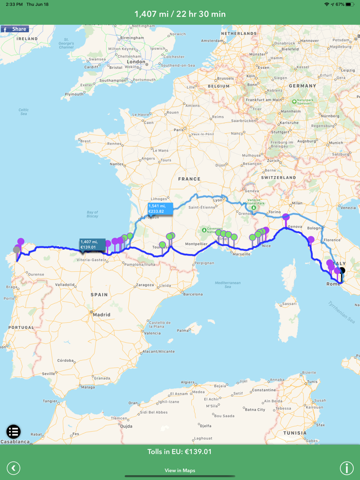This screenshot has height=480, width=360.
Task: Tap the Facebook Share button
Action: [14, 29]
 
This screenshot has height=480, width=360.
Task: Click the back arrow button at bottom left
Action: [13, 468]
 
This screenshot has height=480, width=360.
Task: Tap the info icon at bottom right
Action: [346, 468]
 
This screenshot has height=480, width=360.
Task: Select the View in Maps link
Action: [179, 470]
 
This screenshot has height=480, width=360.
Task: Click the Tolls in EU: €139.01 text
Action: [179, 452]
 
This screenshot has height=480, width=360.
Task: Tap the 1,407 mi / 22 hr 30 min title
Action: [179, 14]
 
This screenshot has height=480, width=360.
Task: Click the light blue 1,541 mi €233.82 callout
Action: [159, 208]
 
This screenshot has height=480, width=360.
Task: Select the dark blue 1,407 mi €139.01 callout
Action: [92, 244]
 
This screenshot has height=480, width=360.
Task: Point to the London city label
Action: [136, 62]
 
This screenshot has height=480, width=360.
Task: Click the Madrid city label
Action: [102, 315]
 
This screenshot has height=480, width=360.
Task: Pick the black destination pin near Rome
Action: [342, 270]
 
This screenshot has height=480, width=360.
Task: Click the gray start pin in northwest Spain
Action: [17, 250]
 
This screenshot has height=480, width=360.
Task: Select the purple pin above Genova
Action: [285, 217]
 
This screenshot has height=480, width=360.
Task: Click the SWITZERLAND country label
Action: [278, 177]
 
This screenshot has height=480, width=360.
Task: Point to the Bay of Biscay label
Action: [93, 214]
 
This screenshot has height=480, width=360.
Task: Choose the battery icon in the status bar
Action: [351, 4]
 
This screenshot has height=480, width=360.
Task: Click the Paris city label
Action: [178, 130]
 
